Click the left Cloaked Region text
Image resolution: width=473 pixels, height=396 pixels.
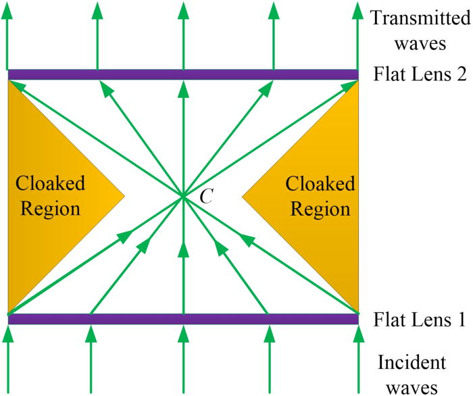pos(51,197)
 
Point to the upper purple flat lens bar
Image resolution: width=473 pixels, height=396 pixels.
pos(182,74)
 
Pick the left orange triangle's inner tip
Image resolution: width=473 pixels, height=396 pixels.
pos(124,197)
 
